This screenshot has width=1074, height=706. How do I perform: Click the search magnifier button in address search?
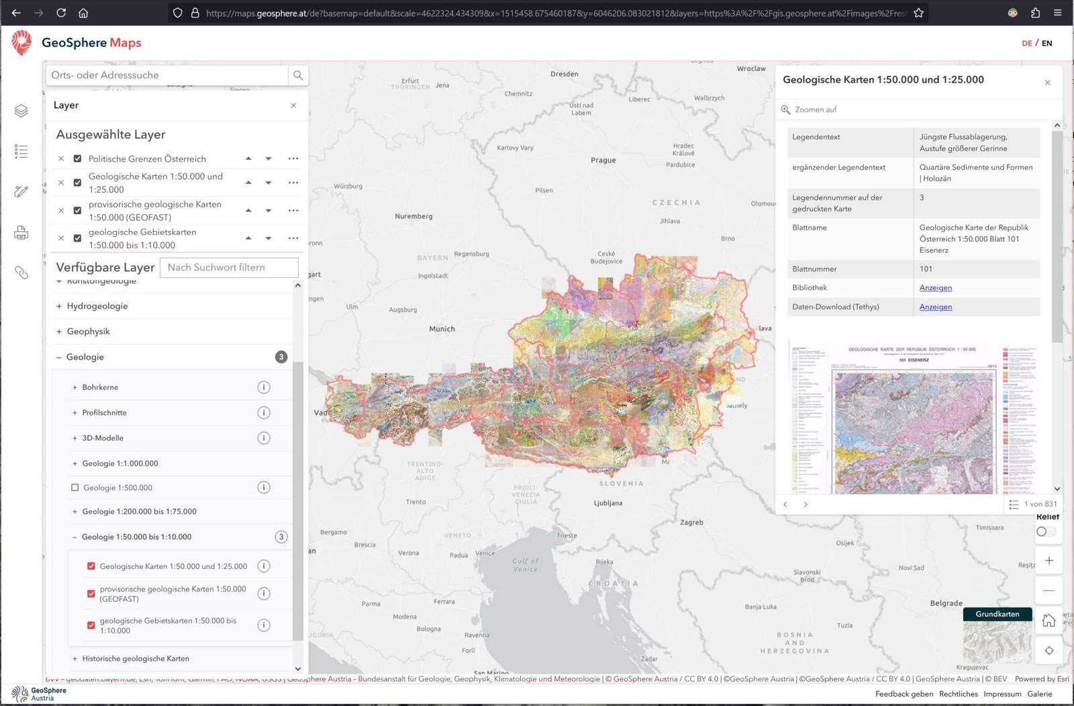pyautogui.click(x=298, y=75)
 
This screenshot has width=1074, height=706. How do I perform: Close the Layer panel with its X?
pyautogui.click(x=293, y=105)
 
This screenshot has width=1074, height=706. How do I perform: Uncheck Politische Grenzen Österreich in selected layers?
pyautogui.click(x=77, y=159)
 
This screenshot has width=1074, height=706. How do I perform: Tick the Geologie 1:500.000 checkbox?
pyautogui.click(x=75, y=488)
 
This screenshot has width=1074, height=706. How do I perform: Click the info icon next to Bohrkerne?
pyautogui.click(x=264, y=387)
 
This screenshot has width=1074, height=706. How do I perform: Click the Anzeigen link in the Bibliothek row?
pyautogui.click(x=935, y=288)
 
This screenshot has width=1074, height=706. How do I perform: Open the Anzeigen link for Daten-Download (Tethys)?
pyautogui.click(x=935, y=307)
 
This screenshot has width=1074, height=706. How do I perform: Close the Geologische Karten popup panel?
pyautogui.click(x=1047, y=83)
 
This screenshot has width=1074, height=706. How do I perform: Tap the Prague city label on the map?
pyautogui.click(x=603, y=160)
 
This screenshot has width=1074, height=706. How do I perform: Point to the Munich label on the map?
pyautogui.click(x=442, y=329)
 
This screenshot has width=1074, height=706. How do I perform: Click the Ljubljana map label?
pyautogui.click(x=608, y=503)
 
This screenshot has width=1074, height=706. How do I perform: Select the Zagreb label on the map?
pyautogui.click(x=691, y=522)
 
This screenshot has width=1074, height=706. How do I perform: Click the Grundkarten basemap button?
pyautogui.click(x=997, y=614)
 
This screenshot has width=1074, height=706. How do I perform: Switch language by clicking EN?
pyautogui.click(x=1046, y=43)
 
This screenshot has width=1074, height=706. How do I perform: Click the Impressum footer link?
pyautogui.click(x=1002, y=694)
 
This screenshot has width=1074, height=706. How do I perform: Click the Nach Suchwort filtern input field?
pyautogui.click(x=229, y=267)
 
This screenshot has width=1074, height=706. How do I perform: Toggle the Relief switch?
pyautogui.click(x=1045, y=532)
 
